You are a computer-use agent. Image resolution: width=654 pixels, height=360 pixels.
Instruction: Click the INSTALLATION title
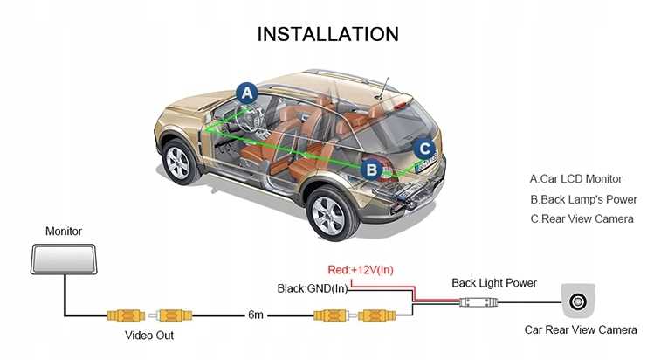coord(328,34)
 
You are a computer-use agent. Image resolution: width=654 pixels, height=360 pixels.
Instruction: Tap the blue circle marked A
coord(248,92)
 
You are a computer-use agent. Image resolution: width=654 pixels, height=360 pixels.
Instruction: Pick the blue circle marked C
coord(423,149)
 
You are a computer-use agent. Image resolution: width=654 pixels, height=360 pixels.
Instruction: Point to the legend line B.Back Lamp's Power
coord(583,198)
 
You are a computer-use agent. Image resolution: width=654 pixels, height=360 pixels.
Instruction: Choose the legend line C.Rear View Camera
coord(582,218)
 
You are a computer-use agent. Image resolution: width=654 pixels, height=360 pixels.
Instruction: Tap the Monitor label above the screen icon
coord(63,232)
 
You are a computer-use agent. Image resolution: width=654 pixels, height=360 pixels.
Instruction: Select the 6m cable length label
coord(256,314)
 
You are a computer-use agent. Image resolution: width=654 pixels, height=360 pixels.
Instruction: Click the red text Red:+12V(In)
coord(361,269)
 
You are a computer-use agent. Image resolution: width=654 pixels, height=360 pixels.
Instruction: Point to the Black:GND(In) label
coord(313,288)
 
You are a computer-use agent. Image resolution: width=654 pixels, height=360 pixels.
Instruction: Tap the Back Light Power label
coord(493,283)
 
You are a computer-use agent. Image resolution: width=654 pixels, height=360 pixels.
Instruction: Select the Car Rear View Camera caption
coord(581,330)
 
